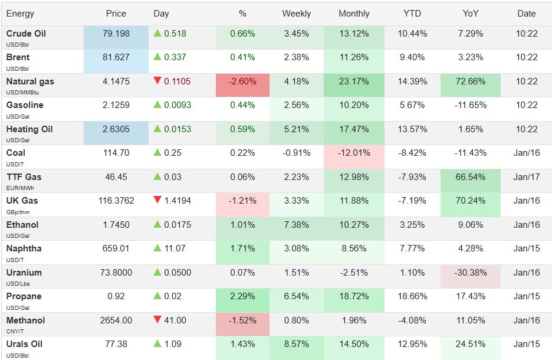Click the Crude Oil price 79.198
pyautogui.click(x=116, y=34)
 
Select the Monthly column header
pyautogui.click(x=354, y=14)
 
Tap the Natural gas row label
pyautogui.click(x=30, y=81)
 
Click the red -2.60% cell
pyautogui.click(x=242, y=81)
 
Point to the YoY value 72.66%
pyautogui.click(x=470, y=81)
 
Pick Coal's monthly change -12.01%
pyautogui.click(x=354, y=153)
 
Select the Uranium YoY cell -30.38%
pyautogui.click(x=470, y=273)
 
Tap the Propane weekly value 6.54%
pyautogui.click(x=296, y=296)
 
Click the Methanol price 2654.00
pyautogui.click(x=116, y=320)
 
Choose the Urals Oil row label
pyautogui.click(x=24, y=344)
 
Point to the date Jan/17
pyautogui.click(x=526, y=177)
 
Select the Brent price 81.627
pyautogui.click(x=116, y=58)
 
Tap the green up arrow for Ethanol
pyautogui.click(x=157, y=225)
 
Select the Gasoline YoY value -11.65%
pyautogui.click(x=470, y=105)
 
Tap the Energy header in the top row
pyautogui.click(x=20, y=14)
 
